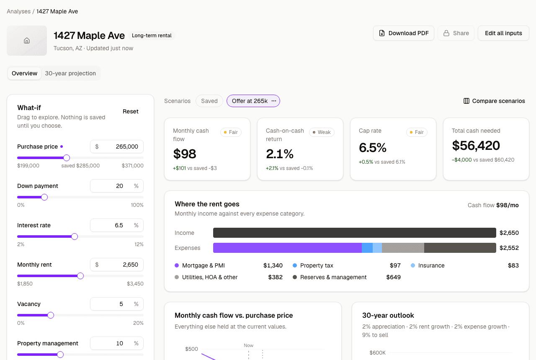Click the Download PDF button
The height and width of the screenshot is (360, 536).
tap(403, 33)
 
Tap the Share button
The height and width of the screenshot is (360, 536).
tap(456, 33)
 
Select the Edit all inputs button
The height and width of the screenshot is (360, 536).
tap(503, 33)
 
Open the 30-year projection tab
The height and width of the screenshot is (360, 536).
tap(70, 73)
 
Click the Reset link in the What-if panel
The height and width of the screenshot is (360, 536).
tap(130, 111)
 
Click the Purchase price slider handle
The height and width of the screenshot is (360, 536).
tap(67, 158)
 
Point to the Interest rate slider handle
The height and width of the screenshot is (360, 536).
tap(75, 237)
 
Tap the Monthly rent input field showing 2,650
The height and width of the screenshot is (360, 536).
tap(117, 265)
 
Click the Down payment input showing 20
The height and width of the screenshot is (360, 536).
tap(117, 186)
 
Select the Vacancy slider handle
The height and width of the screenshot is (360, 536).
tap(51, 315)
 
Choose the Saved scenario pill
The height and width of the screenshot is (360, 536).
tap(209, 101)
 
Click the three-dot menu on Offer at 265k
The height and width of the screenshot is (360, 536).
tap(274, 101)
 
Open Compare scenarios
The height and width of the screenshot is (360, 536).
tap(494, 101)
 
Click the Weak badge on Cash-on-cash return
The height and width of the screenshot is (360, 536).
tap(322, 132)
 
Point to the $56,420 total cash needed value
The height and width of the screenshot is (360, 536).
tap(476, 145)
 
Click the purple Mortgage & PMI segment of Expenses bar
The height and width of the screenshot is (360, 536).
tap(287, 248)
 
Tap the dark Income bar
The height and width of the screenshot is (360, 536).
tap(355, 233)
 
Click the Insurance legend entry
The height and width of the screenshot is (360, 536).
tap(428, 265)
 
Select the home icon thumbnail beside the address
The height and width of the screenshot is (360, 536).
tap(27, 41)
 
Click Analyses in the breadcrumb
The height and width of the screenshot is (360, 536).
tap(19, 11)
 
